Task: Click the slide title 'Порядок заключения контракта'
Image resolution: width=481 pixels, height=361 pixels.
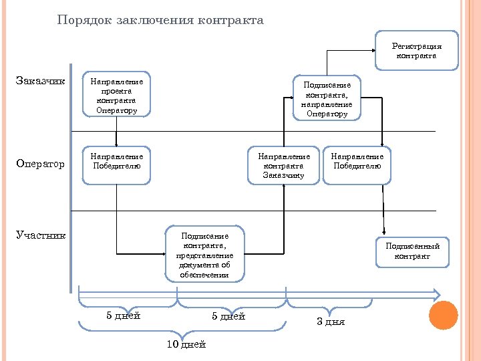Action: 160,20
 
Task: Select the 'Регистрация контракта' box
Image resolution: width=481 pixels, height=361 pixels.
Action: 416,51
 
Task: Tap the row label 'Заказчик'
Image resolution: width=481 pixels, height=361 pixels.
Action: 40,82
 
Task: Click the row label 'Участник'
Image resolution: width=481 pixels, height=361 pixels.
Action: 41,235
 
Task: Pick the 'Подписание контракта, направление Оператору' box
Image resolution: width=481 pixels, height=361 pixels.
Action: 327,99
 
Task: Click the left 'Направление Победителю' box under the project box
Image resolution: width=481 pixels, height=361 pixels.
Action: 116,164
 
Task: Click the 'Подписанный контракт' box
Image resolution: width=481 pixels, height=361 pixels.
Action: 412,251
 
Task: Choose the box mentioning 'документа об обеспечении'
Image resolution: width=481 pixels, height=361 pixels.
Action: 204,255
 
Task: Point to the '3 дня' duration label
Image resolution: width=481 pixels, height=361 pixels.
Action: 331,322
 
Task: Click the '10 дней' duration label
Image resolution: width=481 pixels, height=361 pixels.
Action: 186,344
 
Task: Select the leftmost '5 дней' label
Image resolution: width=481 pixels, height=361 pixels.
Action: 124,316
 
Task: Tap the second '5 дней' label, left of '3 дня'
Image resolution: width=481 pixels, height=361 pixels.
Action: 228,316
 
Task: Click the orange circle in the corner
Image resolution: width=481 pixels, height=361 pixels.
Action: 443,315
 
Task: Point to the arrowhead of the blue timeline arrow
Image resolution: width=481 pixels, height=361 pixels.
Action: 436,294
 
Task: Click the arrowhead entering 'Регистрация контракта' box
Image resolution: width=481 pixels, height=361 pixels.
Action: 371,50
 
